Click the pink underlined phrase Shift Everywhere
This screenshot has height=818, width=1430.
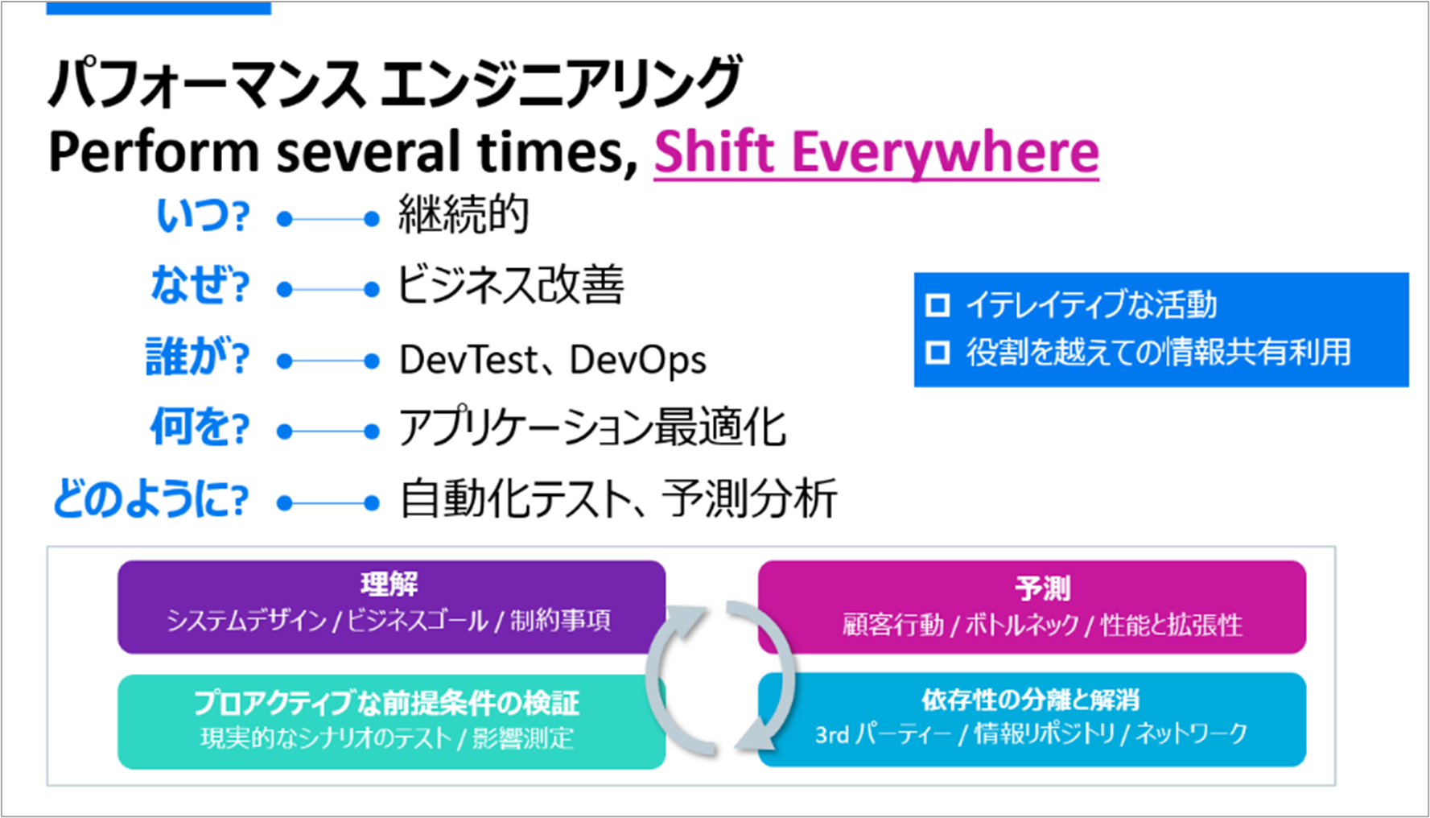(x=876, y=152)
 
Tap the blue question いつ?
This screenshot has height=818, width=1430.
(x=203, y=216)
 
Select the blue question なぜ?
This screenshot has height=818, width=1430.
(x=200, y=286)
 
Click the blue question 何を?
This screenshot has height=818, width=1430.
(x=200, y=427)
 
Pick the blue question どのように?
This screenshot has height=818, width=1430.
(x=150, y=498)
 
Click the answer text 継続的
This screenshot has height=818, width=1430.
(x=464, y=215)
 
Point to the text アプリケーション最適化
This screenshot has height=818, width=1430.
(x=592, y=427)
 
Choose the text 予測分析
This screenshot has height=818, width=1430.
(x=749, y=498)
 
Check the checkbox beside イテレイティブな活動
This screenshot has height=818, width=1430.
(x=938, y=305)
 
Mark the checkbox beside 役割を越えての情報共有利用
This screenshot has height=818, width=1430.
(x=938, y=353)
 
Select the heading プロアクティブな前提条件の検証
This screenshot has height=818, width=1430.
(x=386, y=703)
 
